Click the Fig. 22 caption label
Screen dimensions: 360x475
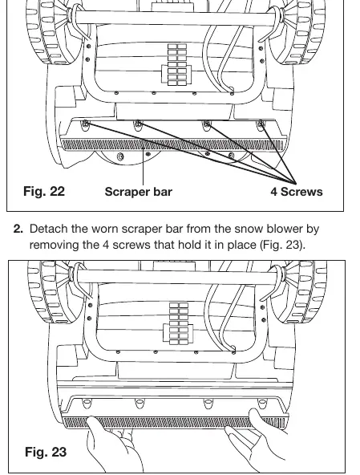coord(44,192)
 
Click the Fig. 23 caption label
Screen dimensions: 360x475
coord(46,452)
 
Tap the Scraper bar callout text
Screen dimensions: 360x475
coord(139,192)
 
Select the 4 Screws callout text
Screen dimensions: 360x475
coord(297,192)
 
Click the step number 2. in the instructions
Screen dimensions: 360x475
coord(18,229)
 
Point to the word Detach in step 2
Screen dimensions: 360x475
coord(48,229)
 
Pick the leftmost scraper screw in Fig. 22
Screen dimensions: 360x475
coord(86,124)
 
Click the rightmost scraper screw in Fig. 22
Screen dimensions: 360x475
coord(261,124)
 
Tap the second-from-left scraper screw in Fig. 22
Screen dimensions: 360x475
coord(139,124)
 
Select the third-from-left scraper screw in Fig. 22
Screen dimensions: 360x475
coord(208,124)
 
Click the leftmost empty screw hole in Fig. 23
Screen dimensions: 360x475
coord(87,404)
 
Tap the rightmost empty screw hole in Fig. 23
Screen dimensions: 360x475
coord(262,404)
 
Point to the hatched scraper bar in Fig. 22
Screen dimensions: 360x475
coord(172,144)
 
